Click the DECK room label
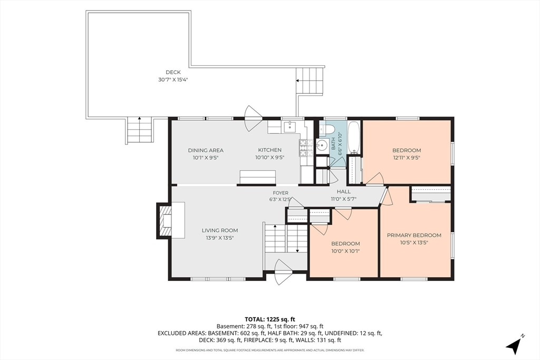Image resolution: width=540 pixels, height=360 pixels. (173, 72)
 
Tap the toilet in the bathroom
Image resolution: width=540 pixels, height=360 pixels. (327, 129)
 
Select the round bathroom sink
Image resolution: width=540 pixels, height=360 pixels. (322, 145)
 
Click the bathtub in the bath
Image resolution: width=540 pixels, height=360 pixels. (354, 137)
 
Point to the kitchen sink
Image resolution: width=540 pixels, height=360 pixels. (291, 127)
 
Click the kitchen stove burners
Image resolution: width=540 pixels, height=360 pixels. (303, 148)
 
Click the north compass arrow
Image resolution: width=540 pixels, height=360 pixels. (515, 344)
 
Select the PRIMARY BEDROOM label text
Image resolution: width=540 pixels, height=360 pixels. (414, 236)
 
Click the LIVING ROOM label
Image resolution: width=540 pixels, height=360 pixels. (220, 230)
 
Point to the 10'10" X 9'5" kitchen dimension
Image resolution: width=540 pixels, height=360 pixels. (269, 158)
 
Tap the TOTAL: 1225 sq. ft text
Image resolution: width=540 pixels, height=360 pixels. (269, 319)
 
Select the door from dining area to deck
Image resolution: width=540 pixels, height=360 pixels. (253, 119)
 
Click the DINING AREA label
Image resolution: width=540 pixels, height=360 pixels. (206, 150)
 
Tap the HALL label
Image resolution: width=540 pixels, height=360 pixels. (344, 192)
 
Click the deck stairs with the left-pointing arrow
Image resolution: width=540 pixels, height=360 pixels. (310, 81)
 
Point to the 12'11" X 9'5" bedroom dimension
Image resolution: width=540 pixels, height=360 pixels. (407, 158)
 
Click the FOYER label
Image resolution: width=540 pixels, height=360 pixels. (281, 193)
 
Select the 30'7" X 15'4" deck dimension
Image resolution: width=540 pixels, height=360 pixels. (173, 80)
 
